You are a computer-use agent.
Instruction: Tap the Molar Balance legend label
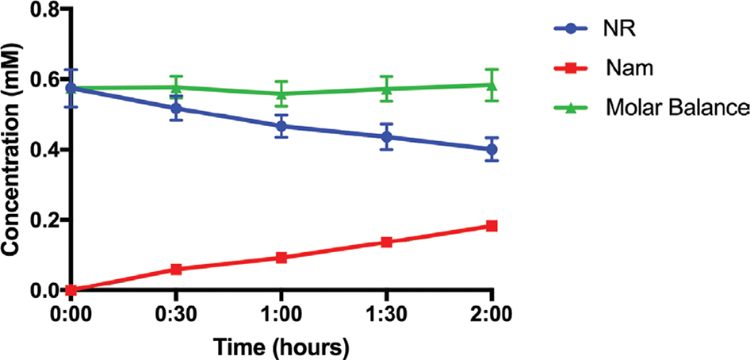675,108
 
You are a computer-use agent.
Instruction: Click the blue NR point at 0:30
176,108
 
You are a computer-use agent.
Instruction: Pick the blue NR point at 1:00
281,126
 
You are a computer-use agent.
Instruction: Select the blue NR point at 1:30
386,136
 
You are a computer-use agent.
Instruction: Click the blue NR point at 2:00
492,149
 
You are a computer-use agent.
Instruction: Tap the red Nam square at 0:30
176,270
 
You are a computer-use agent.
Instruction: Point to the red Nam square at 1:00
281,258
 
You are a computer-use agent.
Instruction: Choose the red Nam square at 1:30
386,242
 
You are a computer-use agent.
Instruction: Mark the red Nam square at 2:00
492,226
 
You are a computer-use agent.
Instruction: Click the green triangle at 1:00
281,93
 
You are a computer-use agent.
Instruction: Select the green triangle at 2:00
492,85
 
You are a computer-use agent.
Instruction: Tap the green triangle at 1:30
386,88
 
